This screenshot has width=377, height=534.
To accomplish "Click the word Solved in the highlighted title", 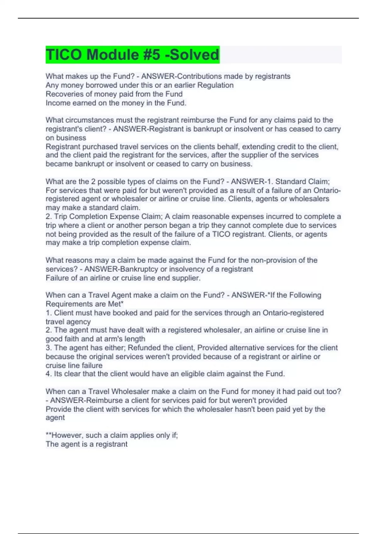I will (x=194, y=55).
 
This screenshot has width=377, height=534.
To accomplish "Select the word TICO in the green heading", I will (x=64, y=55).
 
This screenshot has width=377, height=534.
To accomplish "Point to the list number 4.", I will (x=48, y=374).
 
